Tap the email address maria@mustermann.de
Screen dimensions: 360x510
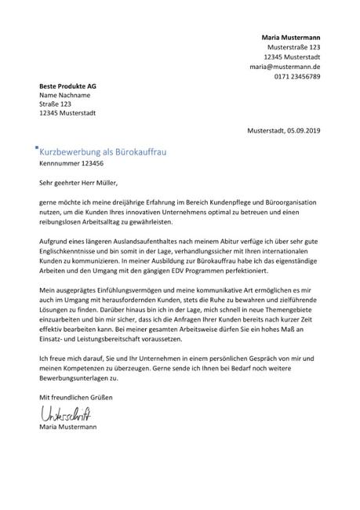point(285,67)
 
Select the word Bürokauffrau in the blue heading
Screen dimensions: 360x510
point(146,151)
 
